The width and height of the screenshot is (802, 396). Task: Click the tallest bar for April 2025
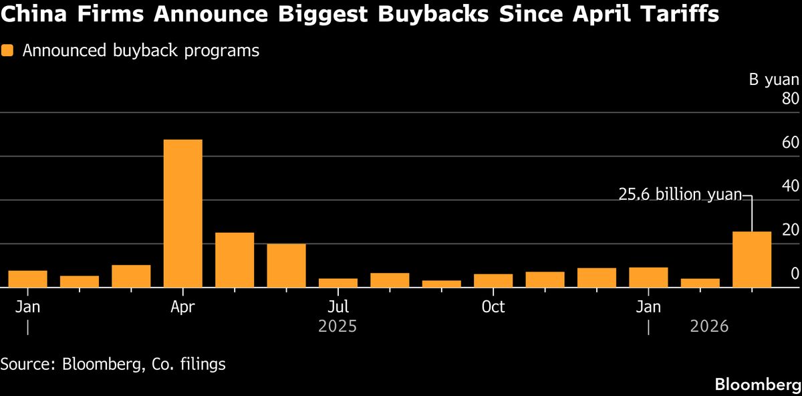182,213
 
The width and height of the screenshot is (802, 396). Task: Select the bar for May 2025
235,260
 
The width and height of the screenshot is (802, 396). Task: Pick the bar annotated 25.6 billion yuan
752,260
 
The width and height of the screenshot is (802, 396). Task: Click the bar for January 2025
27,279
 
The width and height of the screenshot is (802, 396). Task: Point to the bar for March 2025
131,276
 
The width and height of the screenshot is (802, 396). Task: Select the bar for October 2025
493,281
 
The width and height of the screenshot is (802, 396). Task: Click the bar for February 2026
700,283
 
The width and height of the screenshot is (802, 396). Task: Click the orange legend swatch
7,51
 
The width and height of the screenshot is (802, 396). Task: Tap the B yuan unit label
773,80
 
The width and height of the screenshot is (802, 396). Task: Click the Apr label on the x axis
183,307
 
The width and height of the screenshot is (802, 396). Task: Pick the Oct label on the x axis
493,307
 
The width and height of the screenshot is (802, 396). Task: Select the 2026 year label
708,327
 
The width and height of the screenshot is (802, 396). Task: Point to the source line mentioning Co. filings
113,365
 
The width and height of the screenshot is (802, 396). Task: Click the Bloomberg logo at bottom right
758,385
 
